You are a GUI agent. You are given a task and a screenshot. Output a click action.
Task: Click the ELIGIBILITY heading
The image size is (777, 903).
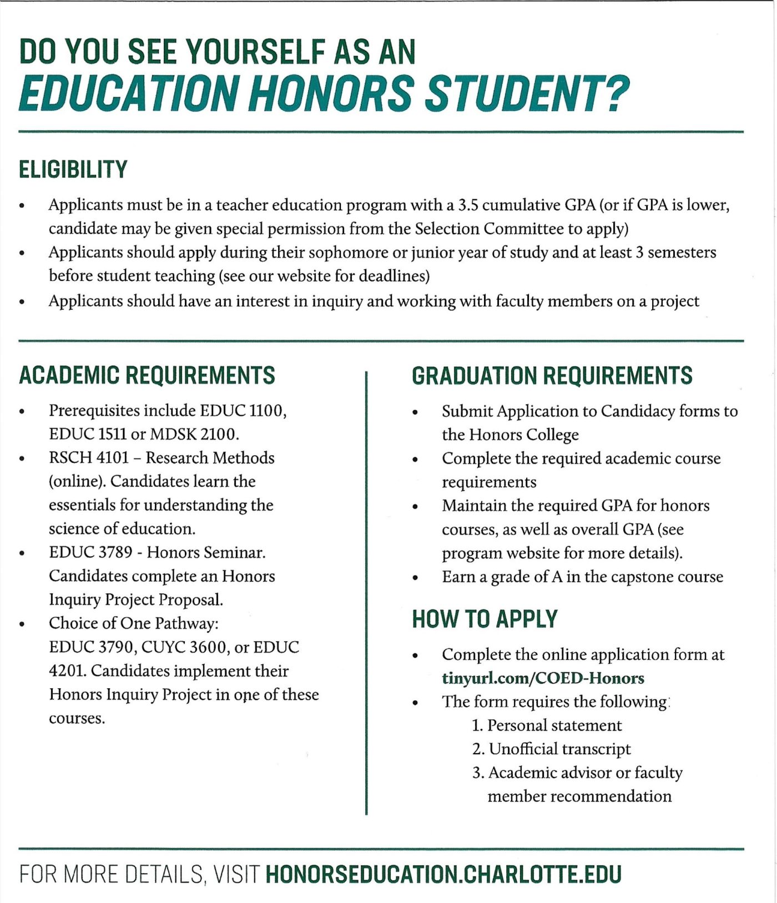coord(73,169)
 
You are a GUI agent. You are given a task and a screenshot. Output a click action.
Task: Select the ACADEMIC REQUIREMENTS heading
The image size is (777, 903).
coord(147,375)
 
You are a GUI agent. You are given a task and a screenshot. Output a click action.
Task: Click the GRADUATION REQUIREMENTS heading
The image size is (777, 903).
coord(552,376)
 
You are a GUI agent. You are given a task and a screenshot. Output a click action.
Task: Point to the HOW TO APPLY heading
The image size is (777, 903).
coord(485,619)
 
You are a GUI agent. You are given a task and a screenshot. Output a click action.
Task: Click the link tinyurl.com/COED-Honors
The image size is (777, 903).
coord(543,678)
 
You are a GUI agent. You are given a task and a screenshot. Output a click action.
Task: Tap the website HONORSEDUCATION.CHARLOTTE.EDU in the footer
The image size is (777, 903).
coord(443,874)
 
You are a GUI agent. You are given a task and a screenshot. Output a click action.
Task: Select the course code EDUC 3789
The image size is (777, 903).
coord(90,552)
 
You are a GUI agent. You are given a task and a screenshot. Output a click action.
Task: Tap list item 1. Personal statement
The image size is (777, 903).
coord(547,725)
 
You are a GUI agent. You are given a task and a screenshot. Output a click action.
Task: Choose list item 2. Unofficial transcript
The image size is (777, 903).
coord(551,749)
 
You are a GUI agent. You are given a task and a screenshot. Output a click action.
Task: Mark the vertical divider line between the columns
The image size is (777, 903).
coord(366,594)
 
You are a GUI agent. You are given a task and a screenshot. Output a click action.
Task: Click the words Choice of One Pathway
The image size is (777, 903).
coord(133,623)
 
